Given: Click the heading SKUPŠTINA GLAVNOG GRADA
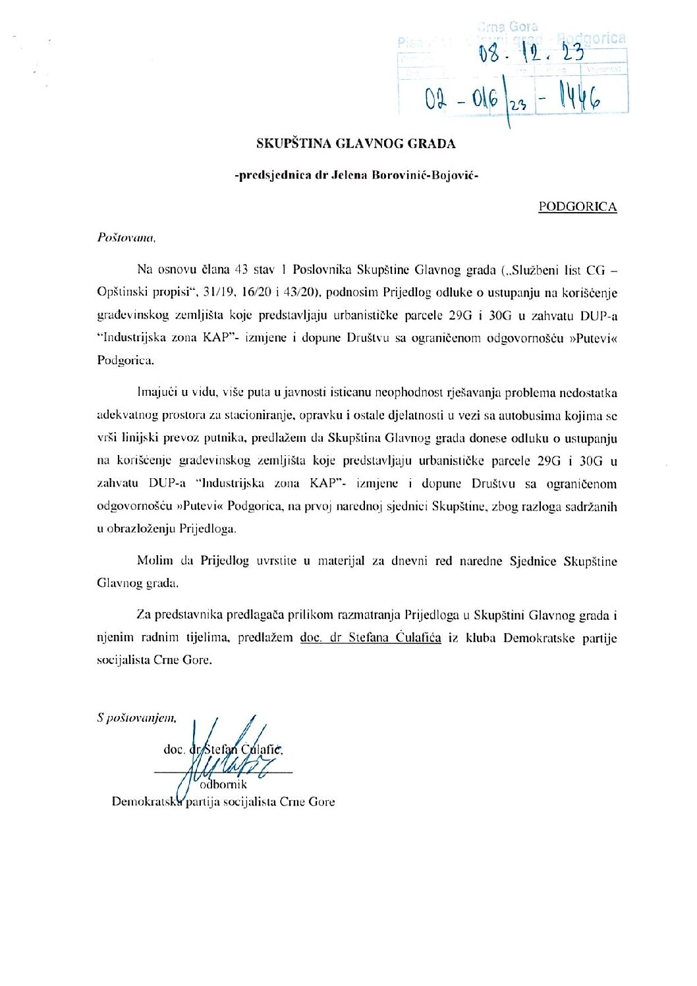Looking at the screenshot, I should click(356, 144).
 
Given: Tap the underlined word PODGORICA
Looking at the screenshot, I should click(577, 207).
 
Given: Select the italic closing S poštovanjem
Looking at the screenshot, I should click(136, 718).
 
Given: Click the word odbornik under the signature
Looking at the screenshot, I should click(223, 784).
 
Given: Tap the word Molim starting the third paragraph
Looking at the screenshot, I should click(155, 561).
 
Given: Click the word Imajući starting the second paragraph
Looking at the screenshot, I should click(157, 393).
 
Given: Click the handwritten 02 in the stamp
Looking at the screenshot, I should click(435, 100).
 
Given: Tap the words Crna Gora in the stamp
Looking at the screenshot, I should click(507, 27).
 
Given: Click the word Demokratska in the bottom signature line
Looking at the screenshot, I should click(147, 802).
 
